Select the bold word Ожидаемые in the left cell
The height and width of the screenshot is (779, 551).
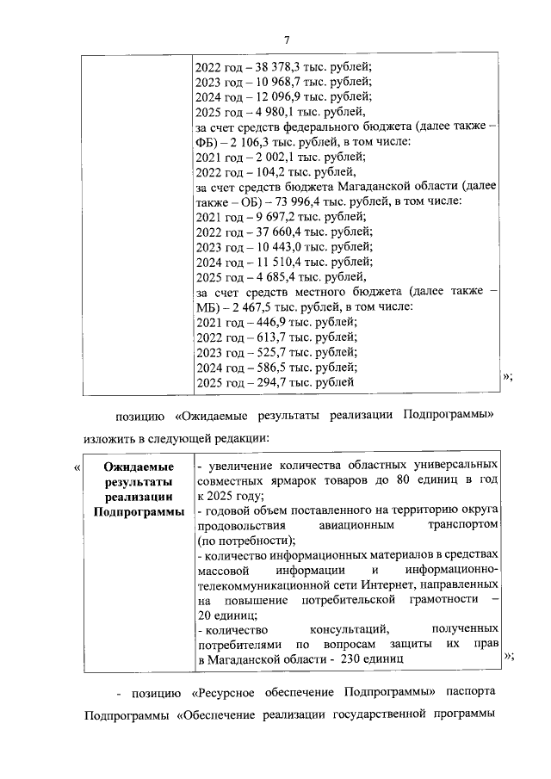(x=137, y=466)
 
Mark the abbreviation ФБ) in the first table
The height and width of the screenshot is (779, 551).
(x=207, y=141)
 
